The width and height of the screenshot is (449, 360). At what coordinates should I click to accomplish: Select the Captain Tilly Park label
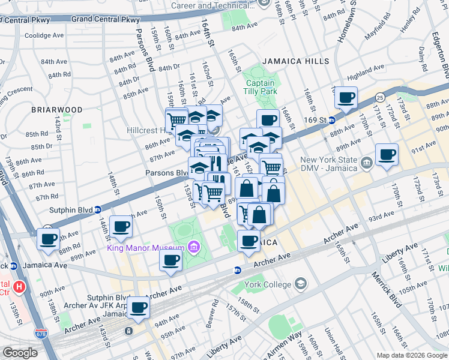259,87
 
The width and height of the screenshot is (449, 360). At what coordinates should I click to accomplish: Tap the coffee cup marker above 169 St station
346,98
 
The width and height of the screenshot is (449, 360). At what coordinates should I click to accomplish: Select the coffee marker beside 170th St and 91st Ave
387,155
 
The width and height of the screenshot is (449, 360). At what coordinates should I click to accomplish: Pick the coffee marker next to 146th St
121,227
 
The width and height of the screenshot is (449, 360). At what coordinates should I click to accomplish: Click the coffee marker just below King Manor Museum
170,260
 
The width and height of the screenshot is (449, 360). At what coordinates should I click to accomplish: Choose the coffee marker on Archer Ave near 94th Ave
138,307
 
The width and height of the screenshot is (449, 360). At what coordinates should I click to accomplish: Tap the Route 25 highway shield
379,97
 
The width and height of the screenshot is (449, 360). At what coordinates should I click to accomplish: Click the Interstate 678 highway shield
41,332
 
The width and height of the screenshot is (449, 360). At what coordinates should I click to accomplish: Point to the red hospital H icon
20,287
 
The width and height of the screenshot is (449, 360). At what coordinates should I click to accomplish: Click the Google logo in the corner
20,353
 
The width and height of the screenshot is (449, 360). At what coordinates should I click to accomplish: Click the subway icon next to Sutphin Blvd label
97,209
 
